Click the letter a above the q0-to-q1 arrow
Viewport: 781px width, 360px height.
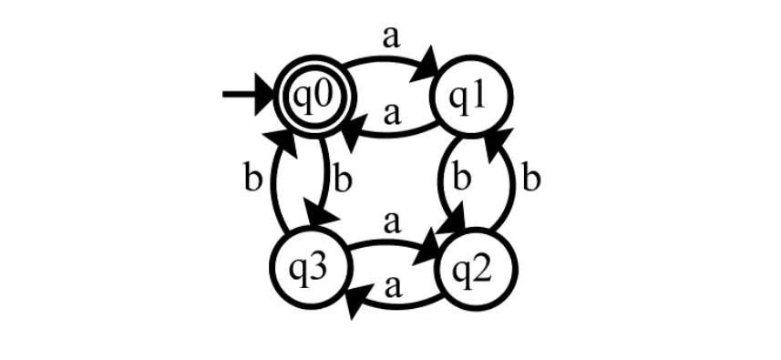click(391, 36)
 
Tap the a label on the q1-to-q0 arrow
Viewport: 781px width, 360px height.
click(393, 113)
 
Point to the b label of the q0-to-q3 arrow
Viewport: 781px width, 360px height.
click(343, 179)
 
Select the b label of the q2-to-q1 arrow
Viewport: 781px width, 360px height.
click(532, 178)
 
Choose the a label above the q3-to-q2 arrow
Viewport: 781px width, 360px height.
click(393, 221)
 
